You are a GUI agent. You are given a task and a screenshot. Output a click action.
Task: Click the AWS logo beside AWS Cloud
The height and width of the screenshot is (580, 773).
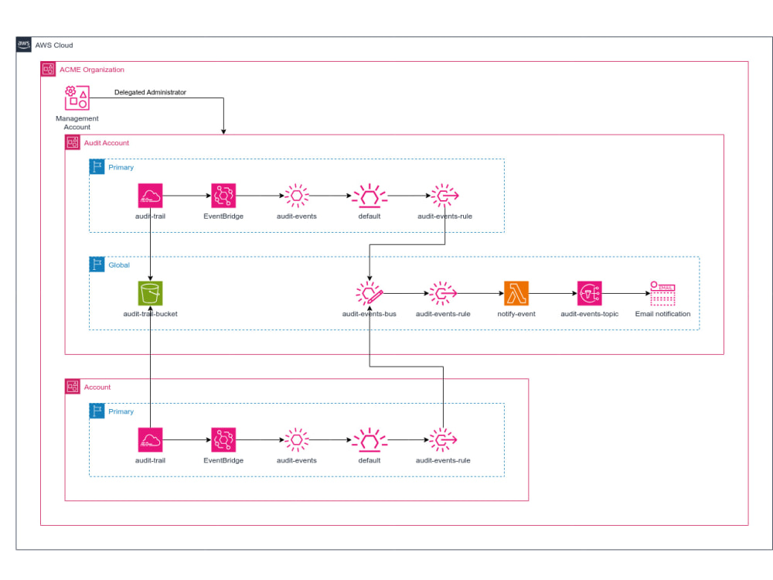click(24, 45)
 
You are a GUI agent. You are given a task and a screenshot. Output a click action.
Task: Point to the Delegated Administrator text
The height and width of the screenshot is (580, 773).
click(150, 92)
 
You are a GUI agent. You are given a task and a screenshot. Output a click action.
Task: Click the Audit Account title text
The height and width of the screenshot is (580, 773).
click(106, 143)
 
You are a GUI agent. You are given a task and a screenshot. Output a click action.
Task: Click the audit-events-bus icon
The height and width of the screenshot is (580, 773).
click(369, 294)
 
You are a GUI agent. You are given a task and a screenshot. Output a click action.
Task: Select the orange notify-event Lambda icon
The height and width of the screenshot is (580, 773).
click(516, 294)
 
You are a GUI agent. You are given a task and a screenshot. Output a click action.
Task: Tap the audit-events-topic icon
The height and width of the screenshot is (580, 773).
click(589, 294)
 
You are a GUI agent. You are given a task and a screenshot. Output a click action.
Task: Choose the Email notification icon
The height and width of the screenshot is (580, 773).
click(662, 294)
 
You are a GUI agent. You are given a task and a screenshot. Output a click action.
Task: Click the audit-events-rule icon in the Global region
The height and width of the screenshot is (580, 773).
click(443, 294)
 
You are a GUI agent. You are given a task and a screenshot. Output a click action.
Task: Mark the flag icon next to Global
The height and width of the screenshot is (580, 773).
click(97, 264)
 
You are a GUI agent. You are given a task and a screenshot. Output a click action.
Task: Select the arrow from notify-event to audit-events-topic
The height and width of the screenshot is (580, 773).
click(553, 294)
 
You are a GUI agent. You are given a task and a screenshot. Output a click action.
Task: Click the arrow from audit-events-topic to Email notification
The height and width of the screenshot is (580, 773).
click(625, 294)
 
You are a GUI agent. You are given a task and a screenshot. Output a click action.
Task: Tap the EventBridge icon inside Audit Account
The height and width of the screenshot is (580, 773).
click(223, 196)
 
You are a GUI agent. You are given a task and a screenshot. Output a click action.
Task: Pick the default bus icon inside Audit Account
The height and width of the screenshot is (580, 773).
click(369, 196)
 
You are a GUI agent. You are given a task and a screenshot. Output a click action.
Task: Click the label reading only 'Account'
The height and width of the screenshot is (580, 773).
click(97, 387)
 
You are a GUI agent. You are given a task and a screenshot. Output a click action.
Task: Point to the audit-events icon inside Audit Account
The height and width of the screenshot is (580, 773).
click(297, 196)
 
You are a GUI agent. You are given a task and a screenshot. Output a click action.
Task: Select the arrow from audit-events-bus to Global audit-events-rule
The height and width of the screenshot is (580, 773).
click(406, 294)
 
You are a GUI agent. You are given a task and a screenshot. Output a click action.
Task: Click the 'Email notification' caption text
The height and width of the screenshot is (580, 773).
click(662, 314)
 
